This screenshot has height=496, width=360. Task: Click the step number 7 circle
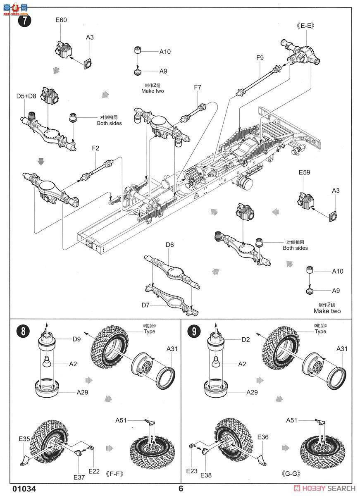click(24, 21)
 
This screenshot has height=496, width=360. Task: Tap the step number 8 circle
click(23, 331)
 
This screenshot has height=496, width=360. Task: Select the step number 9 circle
click(194, 331)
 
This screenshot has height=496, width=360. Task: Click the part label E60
click(61, 20)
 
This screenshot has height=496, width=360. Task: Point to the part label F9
click(260, 58)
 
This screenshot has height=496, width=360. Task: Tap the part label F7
click(198, 87)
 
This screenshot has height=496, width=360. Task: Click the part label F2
click(95, 148)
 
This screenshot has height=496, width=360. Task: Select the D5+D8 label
click(26, 96)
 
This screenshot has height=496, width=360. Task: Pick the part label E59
click(305, 172)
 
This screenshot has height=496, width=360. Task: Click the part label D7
click(145, 305)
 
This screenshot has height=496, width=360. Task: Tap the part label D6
click(169, 245)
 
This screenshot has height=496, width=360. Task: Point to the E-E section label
click(305, 26)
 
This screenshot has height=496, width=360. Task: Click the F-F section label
click(114, 474)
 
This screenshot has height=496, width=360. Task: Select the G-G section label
click(291, 474)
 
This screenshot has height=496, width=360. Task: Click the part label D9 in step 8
click(76, 339)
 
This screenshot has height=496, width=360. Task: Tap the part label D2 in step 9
click(246, 339)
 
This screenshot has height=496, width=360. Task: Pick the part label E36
click(263, 437)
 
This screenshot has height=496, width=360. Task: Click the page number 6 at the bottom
click(181, 489)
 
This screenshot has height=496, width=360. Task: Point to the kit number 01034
click(24, 489)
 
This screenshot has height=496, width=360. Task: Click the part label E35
click(24, 439)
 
